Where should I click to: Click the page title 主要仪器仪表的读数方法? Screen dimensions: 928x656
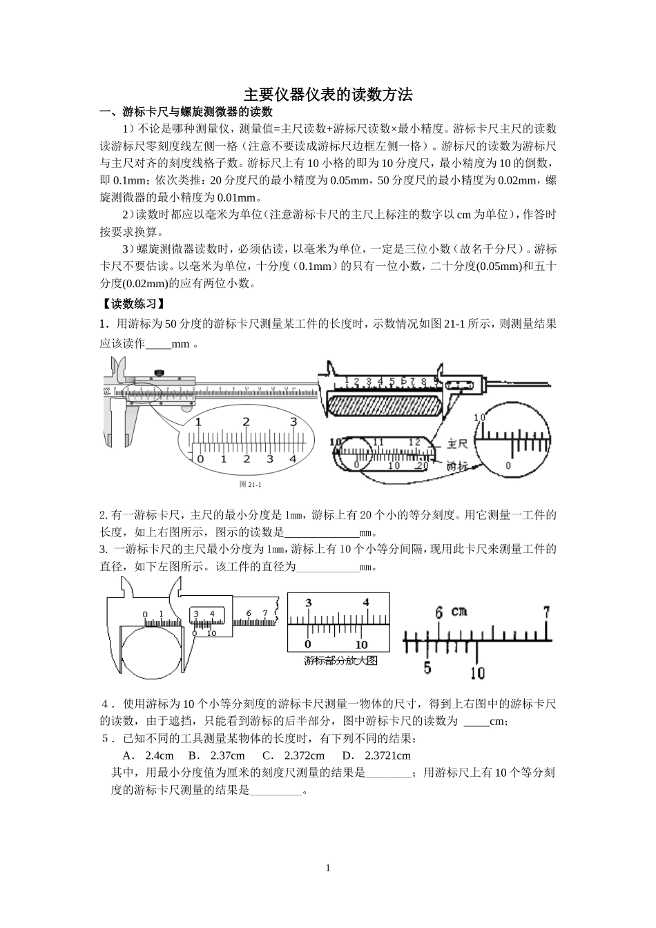pyautogui.click(x=328, y=95)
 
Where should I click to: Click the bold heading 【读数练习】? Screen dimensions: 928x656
pyautogui.click(x=132, y=303)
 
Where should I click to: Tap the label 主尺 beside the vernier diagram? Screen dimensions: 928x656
pyautogui.click(x=459, y=443)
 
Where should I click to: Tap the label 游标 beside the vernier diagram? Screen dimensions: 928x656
pyautogui.click(x=459, y=465)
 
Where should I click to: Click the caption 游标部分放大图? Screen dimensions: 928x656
pyautogui.click(x=340, y=660)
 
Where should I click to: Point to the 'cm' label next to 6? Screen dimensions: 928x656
pyautogui.click(x=459, y=611)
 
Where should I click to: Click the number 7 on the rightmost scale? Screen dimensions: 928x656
pyautogui.click(x=546, y=612)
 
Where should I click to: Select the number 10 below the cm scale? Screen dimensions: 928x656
pyautogui.click(x=477, y=672)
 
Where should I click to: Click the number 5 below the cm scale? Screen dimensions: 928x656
pyautogui.click(x=427, y=668)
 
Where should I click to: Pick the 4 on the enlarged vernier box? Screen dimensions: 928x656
pyautogui.click(x=365, y=602)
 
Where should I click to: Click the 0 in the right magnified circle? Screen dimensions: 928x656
pyautogui.click(x=508, y=465)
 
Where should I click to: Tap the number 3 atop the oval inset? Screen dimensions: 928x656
pyautogui.click(x=293, y=421)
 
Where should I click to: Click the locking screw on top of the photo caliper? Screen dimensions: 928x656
pyautogui.click(x=160, y=374)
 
